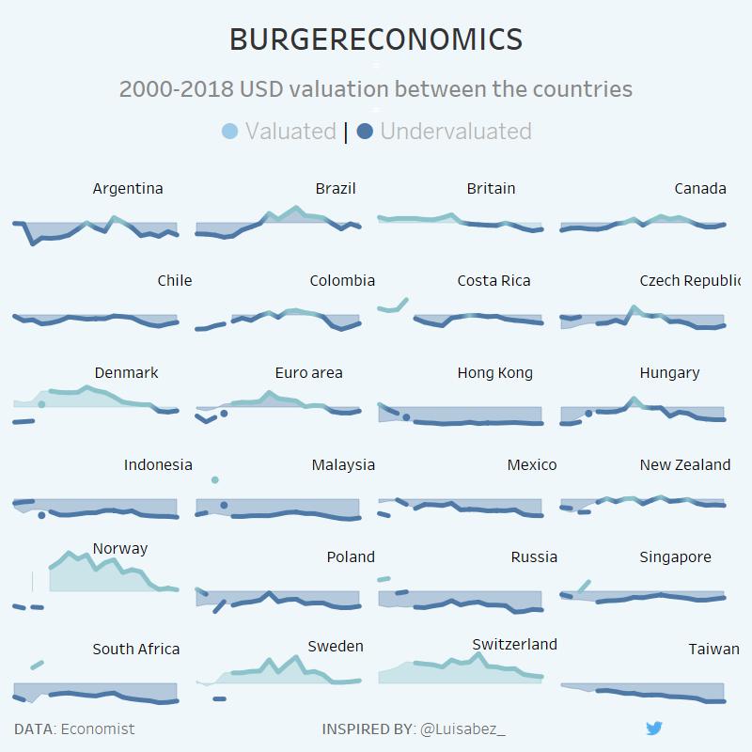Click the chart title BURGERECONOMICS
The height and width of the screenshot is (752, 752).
[376, 39]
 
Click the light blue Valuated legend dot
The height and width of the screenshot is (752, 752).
[229, 132]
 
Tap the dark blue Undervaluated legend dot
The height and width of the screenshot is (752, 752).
[365, 132]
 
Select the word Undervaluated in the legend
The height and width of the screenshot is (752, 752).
[456, 132]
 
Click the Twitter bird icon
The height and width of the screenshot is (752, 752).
[654, 728]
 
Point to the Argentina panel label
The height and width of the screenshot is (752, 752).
[128, 189]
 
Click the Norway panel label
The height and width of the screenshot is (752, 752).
[120, 549]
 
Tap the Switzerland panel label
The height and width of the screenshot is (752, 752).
[514, 645]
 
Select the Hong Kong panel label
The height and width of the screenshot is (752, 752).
[494, 373]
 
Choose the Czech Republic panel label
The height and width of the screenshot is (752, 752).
[695, 281]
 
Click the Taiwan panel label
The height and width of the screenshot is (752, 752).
[713, 650]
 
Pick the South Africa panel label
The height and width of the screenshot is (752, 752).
[135, 650]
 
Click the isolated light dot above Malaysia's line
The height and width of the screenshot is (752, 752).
[215, 480]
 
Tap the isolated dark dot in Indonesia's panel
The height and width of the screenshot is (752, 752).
[41, 515]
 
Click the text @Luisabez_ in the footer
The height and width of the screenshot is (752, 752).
[462, 729]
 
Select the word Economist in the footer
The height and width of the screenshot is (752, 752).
[98, 729]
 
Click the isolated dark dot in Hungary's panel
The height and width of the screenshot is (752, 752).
[588, 413]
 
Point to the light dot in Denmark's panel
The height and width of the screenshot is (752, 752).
[41, 404]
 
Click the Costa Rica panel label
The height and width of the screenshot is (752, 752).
[493, 281]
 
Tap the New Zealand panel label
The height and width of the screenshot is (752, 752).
[684, 465]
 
